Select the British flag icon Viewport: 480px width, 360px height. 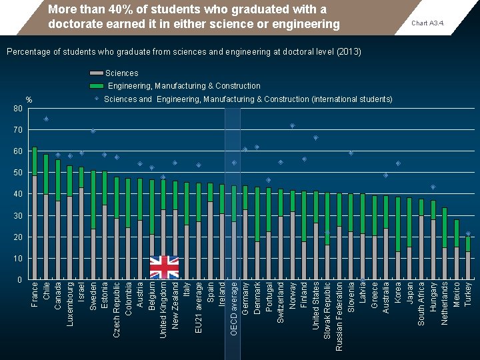tap(164, 267)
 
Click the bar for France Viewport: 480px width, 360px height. tap(35, 213)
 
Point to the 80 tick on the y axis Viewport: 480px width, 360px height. tap(18, 109)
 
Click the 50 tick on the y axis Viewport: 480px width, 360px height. tap(18, 173)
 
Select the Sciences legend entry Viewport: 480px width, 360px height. tap(121, 73)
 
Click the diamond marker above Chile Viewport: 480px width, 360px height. tap(46, 119)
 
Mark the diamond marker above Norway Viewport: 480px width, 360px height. tap(292, 126)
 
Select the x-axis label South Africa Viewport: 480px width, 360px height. tap(421, 304)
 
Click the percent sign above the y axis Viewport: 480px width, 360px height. tap(29, 101)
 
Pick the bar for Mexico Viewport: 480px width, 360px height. tap(457, 249)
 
